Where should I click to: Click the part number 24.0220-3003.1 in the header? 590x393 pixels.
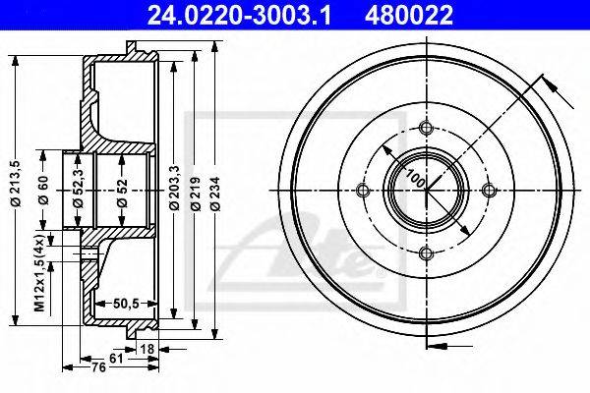pyautogui.click(x=239, y=15)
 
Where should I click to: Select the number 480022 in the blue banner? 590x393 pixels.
pyautogui.click(x=409, y=15)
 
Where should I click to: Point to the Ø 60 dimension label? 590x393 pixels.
pyautogui.click(x=43, y=190)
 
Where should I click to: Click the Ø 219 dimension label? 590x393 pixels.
pyautogui.click(x=195, y=194)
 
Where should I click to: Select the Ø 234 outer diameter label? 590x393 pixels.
pyautogui.click(x=214, y=194)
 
